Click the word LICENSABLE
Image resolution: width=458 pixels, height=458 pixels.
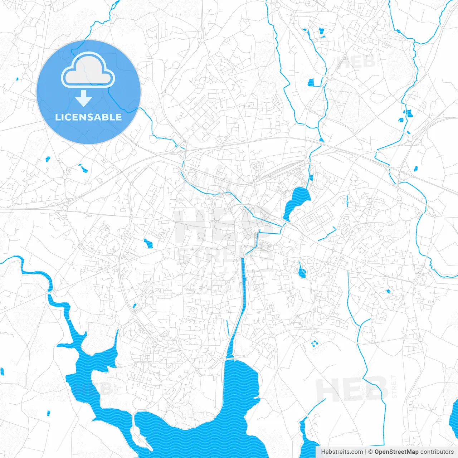click(x=88, y=117)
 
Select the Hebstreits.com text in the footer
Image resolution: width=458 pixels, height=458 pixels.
click(x=342, y=452)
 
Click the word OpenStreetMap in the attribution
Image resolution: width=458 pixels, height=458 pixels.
click(x=396, y=452)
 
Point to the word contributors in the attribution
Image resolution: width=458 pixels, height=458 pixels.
click(x=437, y=452)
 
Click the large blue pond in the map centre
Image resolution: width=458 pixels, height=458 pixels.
click(x=297, y=200)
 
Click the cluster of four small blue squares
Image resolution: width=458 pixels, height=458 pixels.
click(x=314, y=344)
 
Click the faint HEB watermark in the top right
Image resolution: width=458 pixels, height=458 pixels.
click(x=356, y=62)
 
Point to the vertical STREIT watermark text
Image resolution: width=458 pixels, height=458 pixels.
click(x=394, y=386)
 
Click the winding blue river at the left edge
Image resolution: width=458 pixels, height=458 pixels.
click(x=36, y=274)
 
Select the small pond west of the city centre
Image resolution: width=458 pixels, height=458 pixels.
click(x=148, y=243)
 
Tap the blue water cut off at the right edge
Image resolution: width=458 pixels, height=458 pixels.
click(x=454, y=415)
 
